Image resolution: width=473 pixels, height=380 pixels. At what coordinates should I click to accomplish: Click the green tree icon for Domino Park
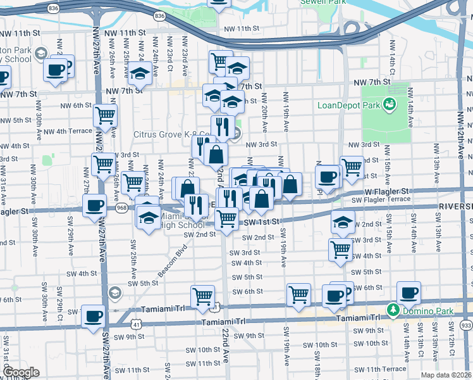(393, 310)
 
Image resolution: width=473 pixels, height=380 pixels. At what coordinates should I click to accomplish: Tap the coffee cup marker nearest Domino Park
(408, 293)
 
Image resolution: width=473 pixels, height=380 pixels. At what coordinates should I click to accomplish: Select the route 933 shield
(465, 325)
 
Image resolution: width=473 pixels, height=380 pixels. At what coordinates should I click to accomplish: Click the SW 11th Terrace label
(386, 368)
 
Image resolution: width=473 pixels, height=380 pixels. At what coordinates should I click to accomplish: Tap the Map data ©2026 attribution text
(445, 375)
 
